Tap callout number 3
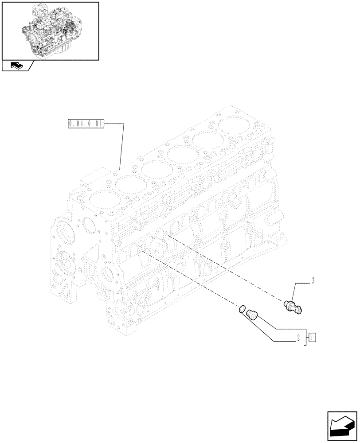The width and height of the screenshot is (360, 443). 313,280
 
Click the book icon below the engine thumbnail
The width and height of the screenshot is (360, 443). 16,66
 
